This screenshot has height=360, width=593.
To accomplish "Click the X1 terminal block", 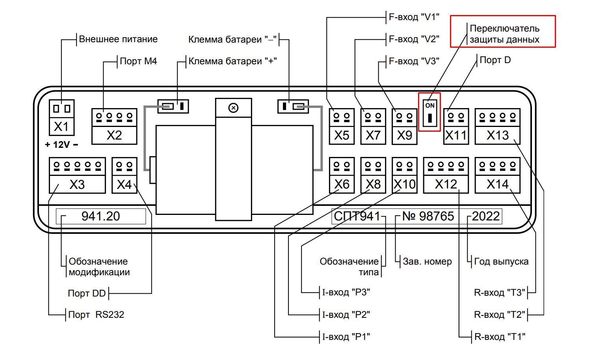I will pos(61,117).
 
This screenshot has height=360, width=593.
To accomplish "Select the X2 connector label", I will pos(114,135).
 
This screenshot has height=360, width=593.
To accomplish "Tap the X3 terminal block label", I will pos(77,185).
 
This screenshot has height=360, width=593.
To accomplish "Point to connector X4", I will pos(124,175).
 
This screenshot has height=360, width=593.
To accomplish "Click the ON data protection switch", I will pos(429,112).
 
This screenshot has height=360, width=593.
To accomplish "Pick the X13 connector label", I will pos(498,135).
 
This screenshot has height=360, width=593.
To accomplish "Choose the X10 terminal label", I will pos(405,184).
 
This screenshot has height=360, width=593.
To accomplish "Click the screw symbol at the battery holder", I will pos(234,108).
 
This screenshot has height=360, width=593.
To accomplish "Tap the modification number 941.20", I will pos(100,216).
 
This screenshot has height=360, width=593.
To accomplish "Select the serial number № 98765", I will pos(428,216).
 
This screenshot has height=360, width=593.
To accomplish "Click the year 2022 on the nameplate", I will pos(486,216).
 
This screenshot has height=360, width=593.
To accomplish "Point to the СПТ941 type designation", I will pos(357,216).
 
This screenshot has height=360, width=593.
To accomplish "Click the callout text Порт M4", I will pos(138,61).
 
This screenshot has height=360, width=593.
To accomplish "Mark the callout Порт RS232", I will pos(96,315).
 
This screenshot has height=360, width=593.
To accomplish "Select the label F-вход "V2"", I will pos(414,39).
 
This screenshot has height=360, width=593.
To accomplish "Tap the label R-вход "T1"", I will pos(500,337).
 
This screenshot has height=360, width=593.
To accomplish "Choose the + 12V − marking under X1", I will pos(61,145).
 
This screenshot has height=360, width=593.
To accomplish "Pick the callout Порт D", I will pos(495,60).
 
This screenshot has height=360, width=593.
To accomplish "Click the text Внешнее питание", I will pos(118,39).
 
